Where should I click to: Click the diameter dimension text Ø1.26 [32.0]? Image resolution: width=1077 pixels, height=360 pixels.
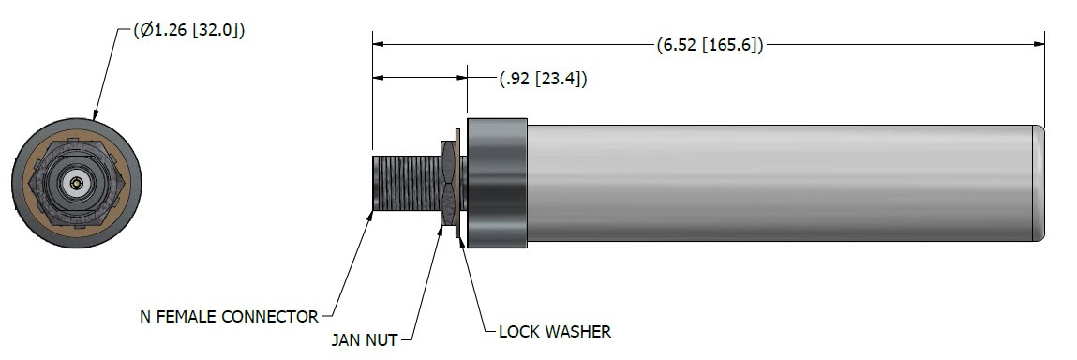click(189, 30)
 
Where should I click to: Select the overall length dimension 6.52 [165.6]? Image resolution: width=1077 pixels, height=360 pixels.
click(710, 45)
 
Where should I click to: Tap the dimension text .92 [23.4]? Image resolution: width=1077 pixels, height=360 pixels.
click(543, 79)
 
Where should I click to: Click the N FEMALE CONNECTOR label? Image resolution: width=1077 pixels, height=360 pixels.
click(229, 317)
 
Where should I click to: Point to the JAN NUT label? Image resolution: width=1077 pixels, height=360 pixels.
click(364, 339)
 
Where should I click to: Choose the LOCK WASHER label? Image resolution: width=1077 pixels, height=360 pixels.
click(554, 332)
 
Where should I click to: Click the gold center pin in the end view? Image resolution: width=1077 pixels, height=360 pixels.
click(76, 183)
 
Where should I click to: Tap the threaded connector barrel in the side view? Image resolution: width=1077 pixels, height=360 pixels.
click(405, 184)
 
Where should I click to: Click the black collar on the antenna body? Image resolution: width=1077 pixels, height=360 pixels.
click(497, 183)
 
